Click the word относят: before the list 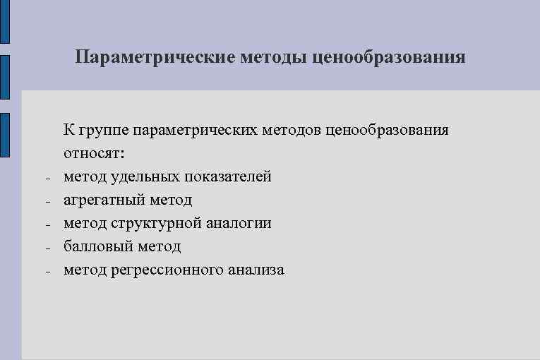(x=93, y=153)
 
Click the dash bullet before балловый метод (x=46, y=248)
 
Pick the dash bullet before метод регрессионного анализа (x=46, y=272)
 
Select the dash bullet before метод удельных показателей (x=46, y=179)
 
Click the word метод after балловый (x=160, y=246)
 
